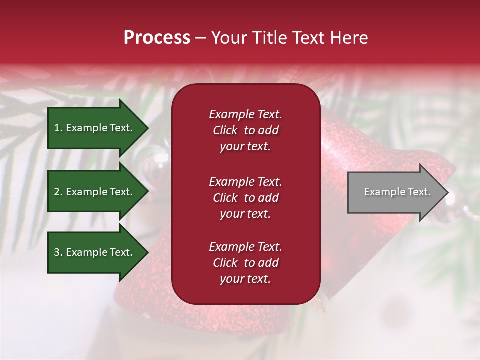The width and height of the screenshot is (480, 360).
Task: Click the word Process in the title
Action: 157,38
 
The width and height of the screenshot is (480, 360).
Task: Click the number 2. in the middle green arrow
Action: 58,192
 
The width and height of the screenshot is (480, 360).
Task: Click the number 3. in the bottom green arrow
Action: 58,252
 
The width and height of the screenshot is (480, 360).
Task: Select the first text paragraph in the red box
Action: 245,130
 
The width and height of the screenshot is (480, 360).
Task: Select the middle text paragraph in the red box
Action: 245,198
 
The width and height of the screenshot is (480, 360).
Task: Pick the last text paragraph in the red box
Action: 245,263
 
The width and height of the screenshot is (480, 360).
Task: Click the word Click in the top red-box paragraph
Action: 225,130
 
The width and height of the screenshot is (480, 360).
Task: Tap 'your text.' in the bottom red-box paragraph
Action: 245,279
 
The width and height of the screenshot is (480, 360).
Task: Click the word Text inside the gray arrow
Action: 419,192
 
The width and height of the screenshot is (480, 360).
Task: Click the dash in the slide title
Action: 200,38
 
